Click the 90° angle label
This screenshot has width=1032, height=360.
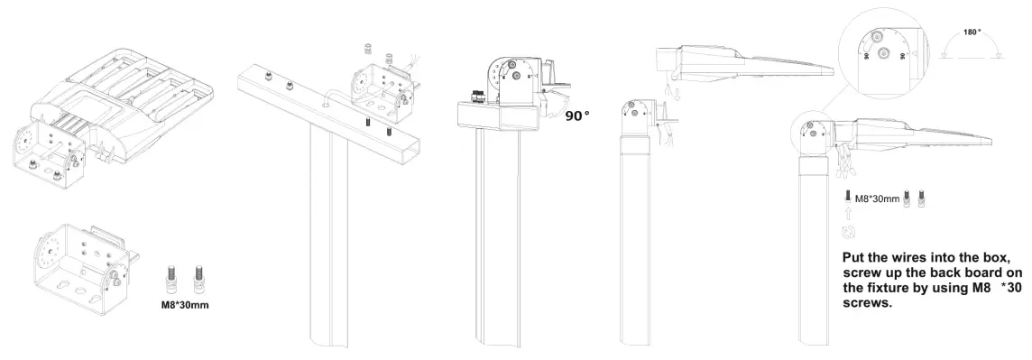[x=577, y=117]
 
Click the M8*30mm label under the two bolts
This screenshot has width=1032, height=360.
[x=184, y=291]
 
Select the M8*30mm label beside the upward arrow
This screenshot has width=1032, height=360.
[x=877, y=198]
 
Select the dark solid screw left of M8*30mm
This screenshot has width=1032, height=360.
[x=847, y=196]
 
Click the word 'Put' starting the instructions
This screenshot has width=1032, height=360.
[x=854, y=256]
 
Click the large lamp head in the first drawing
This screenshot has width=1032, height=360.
[x=135, y=99]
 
